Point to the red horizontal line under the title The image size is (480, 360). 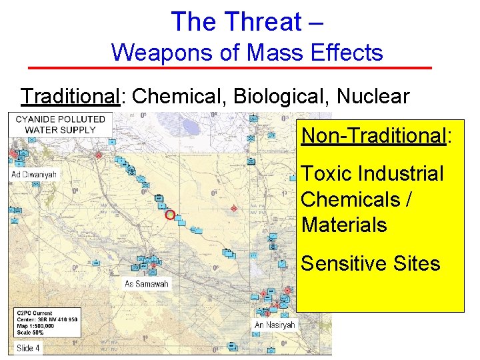(230, 68)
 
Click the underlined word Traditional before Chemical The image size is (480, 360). (69, 96)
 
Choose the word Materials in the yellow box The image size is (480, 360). (344, 225)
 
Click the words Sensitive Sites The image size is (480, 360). (371, 263)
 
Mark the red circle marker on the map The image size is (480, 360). (169, 215)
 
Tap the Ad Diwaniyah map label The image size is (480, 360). (34, 175)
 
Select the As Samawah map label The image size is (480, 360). (147, 284)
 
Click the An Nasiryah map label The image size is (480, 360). (274, 325)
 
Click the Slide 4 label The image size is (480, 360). (29, 348)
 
